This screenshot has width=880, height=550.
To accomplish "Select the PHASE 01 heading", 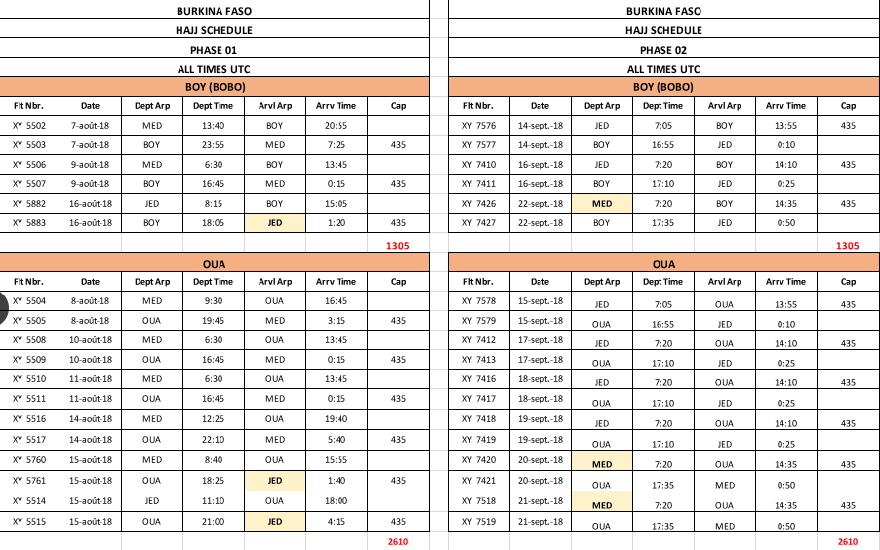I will click(x=215, y=49).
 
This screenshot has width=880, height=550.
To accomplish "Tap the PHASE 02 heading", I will click(x=663, y=49).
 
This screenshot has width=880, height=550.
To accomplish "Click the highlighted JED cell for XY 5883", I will click(x=275, y=223).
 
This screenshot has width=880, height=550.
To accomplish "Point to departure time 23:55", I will click(x=213, y=145).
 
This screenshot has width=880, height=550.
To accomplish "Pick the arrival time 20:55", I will click(x=337, y=126).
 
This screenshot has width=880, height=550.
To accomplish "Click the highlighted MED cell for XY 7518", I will click(x=602, y=505).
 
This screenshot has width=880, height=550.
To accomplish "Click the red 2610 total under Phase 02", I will click(x=847, y=541).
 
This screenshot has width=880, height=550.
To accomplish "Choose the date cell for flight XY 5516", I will click(x=91, y=419).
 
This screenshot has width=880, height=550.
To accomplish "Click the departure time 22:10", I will click(x=213, y=439).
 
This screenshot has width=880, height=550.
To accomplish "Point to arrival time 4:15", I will click(x=337, y=522).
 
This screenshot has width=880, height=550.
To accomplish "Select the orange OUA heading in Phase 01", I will click(x=215, y=264).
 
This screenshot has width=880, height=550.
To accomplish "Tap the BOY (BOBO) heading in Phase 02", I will click(x=663, y=87).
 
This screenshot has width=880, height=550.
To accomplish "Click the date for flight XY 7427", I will click(x=540, y=223).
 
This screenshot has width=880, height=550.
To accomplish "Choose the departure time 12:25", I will click(x=213, y=419).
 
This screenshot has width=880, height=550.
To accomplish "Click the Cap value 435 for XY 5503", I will click(x=399, y=145).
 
